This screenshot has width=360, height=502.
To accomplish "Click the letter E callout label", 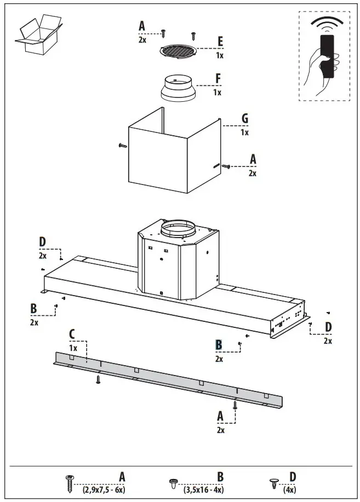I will (x=220, y=42).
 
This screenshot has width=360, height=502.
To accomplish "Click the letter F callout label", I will (x=218, y=79).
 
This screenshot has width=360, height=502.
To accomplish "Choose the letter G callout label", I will (x=244, y=119).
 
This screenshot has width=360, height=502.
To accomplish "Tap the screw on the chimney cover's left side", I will (x=122, y=146).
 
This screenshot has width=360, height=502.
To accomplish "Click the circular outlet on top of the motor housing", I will (x=178, y=229).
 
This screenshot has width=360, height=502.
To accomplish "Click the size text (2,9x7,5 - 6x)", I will (x=104, y=490).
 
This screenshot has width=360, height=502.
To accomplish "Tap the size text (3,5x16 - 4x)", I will (x=202, y=490).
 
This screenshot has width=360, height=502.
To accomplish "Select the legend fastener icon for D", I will (x=273, y=483).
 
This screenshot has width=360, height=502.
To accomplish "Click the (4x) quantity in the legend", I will (x=289, y=490).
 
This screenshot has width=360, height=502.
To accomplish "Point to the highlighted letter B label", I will (x=219, y=345).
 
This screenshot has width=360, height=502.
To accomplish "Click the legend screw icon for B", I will (x=173, y=483).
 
